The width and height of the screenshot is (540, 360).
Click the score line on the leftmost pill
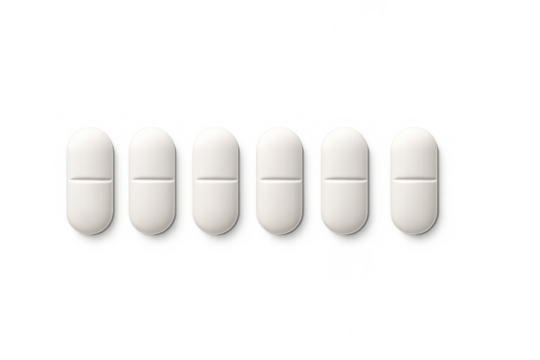(89, 178)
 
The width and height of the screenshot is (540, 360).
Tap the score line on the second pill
(152, 178)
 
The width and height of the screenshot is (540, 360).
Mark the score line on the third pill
(215, 178)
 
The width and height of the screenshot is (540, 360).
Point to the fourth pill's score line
(280, 178)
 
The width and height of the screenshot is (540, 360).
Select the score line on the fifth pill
(345, 178)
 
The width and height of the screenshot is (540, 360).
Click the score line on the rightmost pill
(413, 178)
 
